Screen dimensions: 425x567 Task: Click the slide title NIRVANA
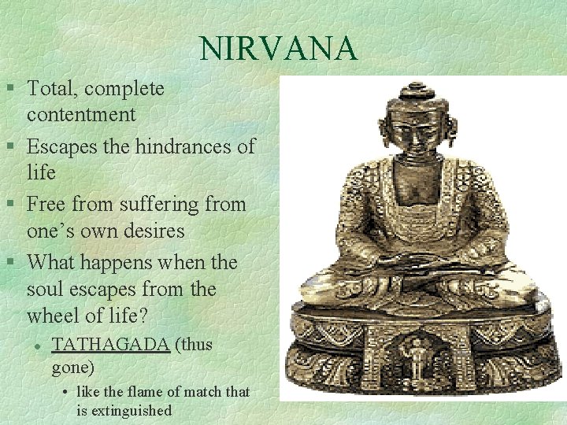click(x=278, y=49)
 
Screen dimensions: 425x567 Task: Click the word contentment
click(x=81, y=115)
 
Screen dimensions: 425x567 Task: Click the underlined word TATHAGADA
click(x=110, y=345)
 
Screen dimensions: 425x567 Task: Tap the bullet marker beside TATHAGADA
click(x=37, y=345)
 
